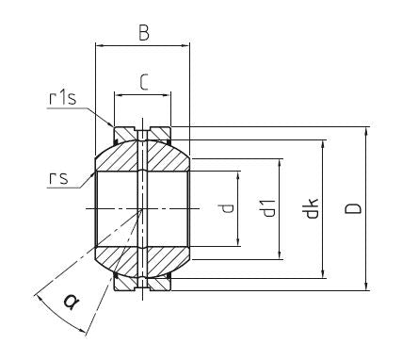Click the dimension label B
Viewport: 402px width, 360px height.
pyautogui.click(x=144, y=33)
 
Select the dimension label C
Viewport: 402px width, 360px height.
pyautogui.click(x=143, y=82)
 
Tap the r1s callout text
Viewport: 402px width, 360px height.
pyautogui.click(x=63, y=98)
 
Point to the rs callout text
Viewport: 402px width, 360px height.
pyautogui.click(x=58, y=178)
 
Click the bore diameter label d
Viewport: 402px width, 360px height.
pyautogui.click(x=227, y=208)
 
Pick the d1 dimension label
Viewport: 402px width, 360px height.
pyautogui.click(x=268, y=208)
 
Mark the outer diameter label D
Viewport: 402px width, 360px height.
pyautogui.click(x=353, y=208)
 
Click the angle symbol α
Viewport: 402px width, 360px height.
pyautogui.click(x=71, y=302)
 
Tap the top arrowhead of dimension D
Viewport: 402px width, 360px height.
pyautogui.click(x=366, y=132)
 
